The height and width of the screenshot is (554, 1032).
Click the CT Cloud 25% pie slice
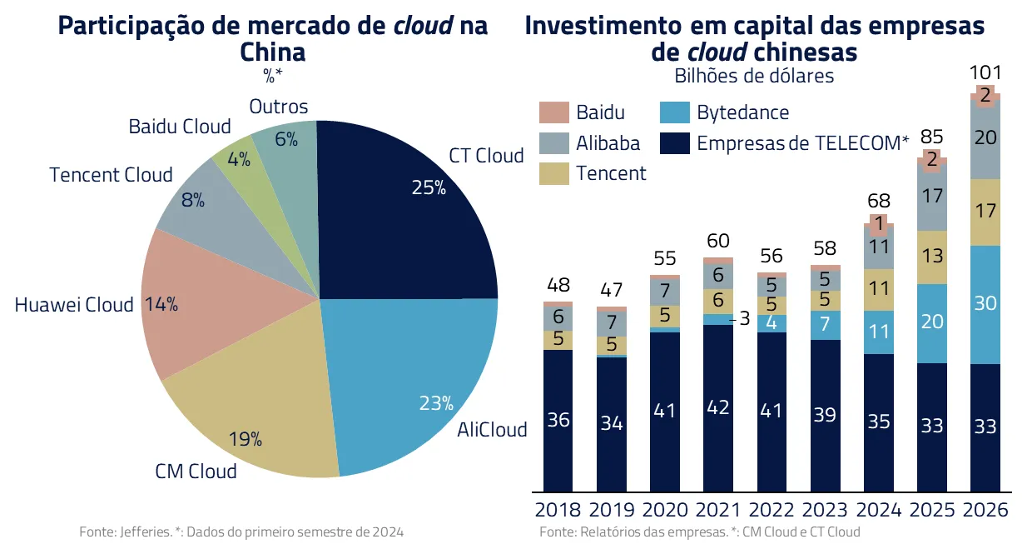[399, 217]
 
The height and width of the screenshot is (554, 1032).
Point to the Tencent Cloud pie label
[111, 175]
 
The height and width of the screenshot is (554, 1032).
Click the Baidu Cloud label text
[179, 127]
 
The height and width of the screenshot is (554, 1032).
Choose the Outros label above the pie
[279, 107]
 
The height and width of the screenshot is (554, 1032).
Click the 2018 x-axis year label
[558, 510]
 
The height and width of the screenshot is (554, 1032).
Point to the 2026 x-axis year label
[985, 510]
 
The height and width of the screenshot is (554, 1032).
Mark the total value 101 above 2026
[985, 72]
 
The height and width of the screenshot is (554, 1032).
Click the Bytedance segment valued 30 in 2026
[985, 304]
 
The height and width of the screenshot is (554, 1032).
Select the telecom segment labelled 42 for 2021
[718, 408]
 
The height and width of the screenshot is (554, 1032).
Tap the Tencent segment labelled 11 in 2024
[879, 289]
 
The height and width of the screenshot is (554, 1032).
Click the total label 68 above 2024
[879, 201]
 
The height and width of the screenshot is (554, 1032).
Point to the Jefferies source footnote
[246, 532]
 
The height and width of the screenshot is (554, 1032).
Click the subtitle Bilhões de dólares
[754, 77]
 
